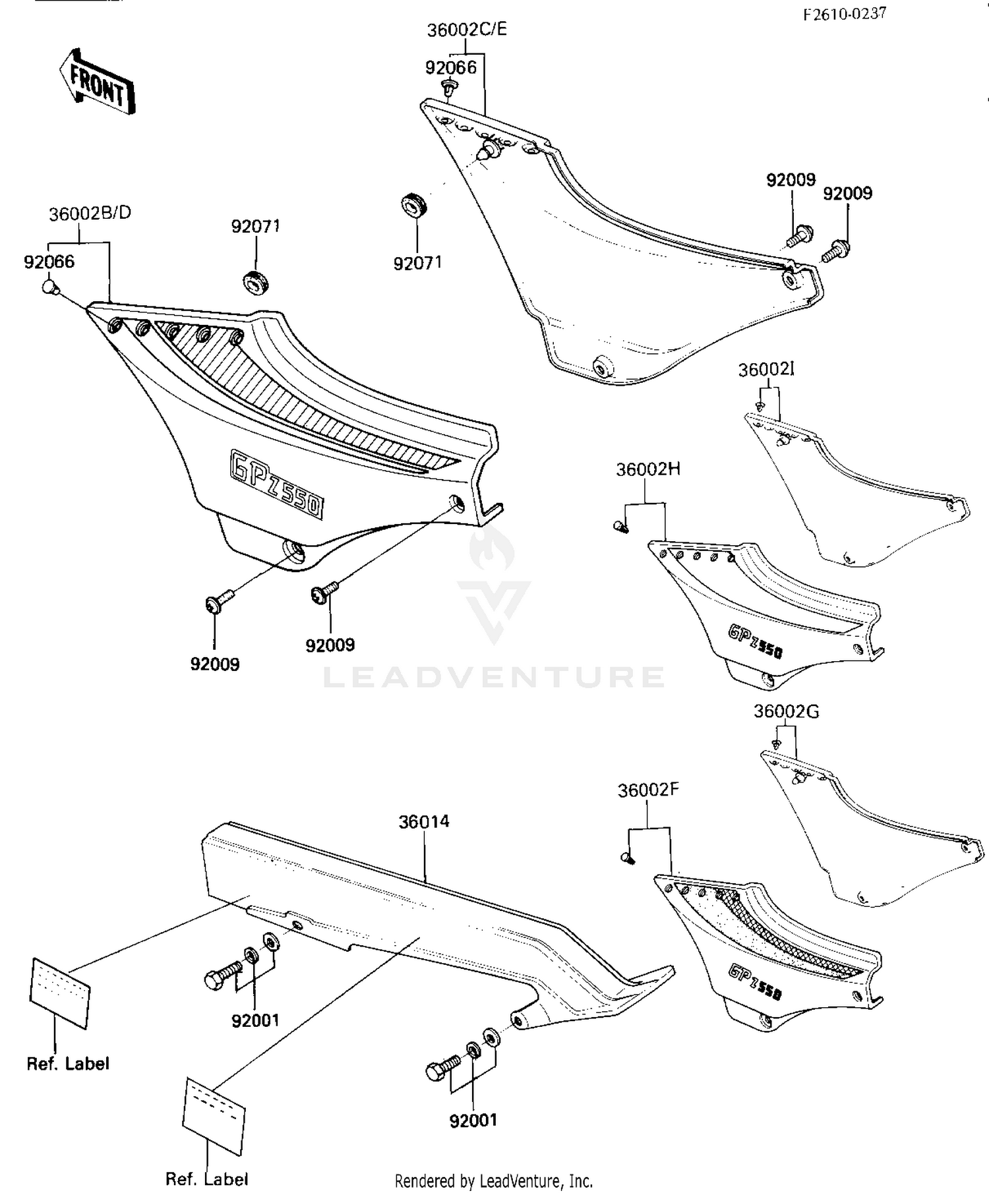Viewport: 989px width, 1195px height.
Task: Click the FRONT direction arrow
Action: pyautogui.click(x=97, y=82)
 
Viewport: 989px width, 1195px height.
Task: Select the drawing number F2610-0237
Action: pyautogui.click(x=845, y=14)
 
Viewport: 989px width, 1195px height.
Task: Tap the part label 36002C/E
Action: pyautogui.click(x=467, y=30)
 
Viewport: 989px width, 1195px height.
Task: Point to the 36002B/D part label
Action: pyautogui.click(x=90, y=213)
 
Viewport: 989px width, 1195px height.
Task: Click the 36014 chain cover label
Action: pyautogui.click(x=424, y=822)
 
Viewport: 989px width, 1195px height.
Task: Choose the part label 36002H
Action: pyautogui.click(x=648, y=469)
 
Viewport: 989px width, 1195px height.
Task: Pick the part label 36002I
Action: pyautogui.click(x=766, y=370)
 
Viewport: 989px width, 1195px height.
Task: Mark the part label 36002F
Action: pyautogui.click(x=648, y=790)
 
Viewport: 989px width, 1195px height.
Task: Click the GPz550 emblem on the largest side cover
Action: pyautogui.click(x=277, y=484)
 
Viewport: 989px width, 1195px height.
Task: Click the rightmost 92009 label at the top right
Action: pyautogui.click(x=847, y=193)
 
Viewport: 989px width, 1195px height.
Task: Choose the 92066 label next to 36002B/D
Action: pyautogui.click(x=49, y=262)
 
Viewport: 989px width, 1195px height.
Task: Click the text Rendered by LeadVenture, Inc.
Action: pyautogui.click(x=493, y=1181)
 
